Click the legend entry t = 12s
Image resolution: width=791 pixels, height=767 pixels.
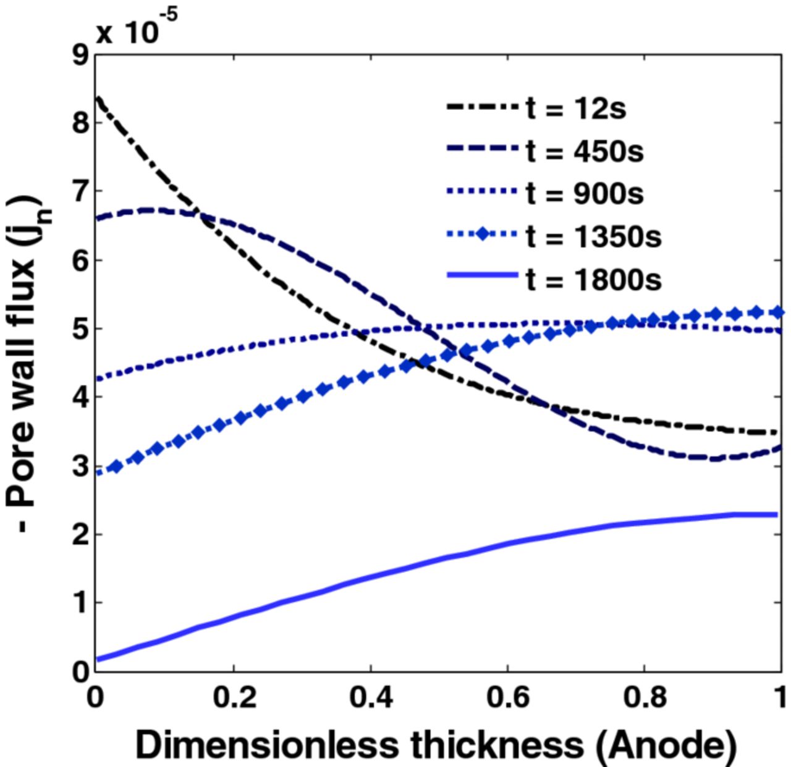pos(575,108)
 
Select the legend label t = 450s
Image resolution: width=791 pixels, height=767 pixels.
pos(584,151)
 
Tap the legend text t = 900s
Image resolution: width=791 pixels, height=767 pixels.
pos(584,193)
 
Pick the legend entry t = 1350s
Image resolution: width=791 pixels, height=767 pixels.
pos(593,237)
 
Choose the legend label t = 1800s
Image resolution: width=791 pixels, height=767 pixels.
pos(593,280)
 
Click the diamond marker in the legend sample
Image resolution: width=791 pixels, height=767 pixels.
pos(482,235)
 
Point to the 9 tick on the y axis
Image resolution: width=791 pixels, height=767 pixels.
pos(80,56)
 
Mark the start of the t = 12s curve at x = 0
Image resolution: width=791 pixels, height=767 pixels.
pos(96,98)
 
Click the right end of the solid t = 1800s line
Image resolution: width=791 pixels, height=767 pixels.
pos(777,514)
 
